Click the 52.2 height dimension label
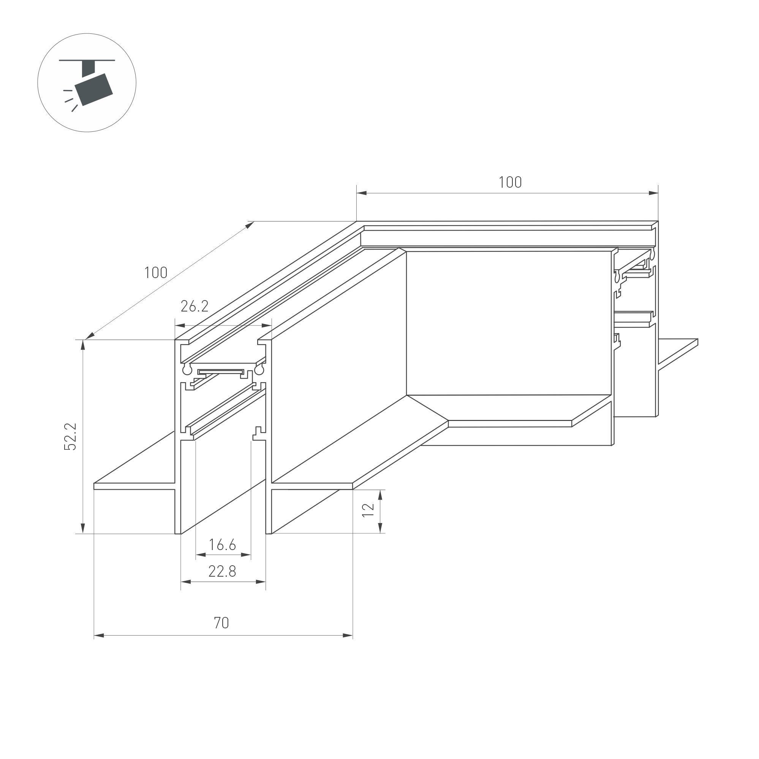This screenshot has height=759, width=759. [x=71, y=436]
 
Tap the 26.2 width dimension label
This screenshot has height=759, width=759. [x=194, y=307]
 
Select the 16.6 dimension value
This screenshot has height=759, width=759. [x=222, y=545]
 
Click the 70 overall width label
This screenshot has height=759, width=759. [x=221, y=623]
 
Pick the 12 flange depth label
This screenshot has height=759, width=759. [x=368, y=510]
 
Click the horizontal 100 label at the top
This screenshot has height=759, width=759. [x=510, y=182]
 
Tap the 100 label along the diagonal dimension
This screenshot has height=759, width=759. [x=156, y=273]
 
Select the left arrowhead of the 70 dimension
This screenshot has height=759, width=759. [x=99, y=635]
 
